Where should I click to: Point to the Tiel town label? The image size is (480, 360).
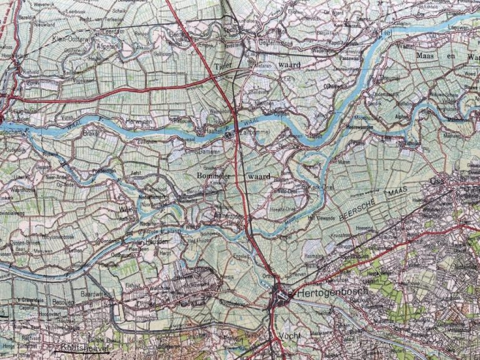385,31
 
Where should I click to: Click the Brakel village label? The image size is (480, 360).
92,134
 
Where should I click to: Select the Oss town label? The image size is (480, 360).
436,182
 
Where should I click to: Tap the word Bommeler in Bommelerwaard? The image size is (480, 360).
214,176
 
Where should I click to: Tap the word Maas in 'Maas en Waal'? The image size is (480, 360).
428,56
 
